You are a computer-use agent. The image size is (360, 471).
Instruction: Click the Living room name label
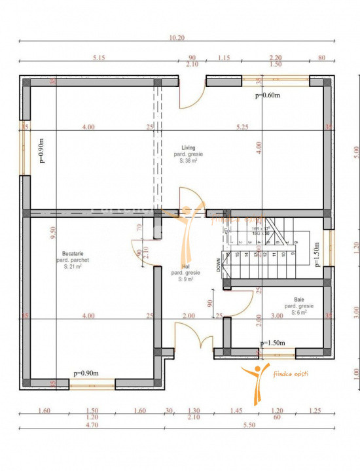click(189, 148)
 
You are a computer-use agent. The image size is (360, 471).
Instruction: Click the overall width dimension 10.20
click(177, 39)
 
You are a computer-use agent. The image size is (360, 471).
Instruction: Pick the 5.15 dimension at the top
click(99, 58)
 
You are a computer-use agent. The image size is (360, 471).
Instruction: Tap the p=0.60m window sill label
click(268, 96)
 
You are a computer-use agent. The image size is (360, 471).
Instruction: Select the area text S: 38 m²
click(190, 161)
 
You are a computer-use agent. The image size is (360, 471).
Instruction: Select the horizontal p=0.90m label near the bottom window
click(86, 374)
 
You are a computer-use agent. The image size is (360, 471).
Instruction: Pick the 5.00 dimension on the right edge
click(355, 151)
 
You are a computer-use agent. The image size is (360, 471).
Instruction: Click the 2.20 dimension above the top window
click(276, 58)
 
